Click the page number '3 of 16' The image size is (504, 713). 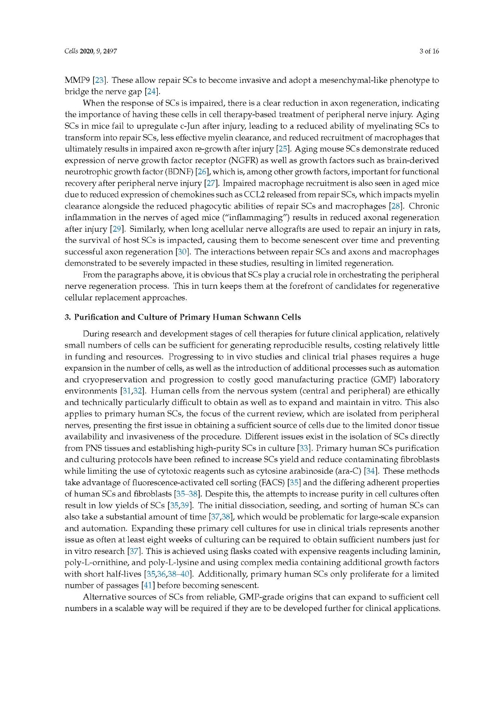click(x=429, y=51)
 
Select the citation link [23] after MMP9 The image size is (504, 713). click(x=98, y=81)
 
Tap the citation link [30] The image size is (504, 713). click(x=182, y=252)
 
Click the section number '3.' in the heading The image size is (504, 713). click(x=68, y=317)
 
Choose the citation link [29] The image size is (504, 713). click(x=117, y=229)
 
